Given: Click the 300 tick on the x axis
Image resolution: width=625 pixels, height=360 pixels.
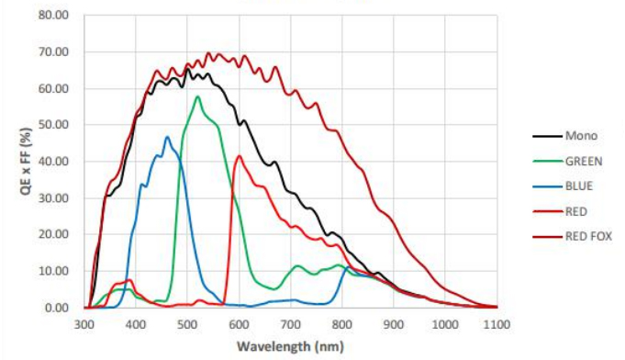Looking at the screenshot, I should [x=84, y=324].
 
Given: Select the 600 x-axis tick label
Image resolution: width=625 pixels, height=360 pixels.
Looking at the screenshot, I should [x=240, y=324].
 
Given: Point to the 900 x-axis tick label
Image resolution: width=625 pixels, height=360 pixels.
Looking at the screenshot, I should [x=395, y=324].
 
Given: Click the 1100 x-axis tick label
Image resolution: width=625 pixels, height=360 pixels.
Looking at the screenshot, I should [x=497, y=324].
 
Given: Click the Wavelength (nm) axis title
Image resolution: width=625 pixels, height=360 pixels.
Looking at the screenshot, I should [x=290, y=346].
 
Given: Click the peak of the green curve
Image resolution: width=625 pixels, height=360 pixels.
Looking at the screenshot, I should [x=197, y=96].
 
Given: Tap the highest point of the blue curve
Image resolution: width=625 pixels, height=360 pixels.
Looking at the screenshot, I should [x=167, y=137].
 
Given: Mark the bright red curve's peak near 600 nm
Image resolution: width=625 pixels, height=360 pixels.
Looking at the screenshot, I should [x=240, y=155].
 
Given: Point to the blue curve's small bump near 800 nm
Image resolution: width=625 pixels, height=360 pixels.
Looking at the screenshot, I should [x=348, y=268].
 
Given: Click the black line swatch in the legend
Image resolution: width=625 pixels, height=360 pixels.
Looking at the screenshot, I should [x=546, y=136].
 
